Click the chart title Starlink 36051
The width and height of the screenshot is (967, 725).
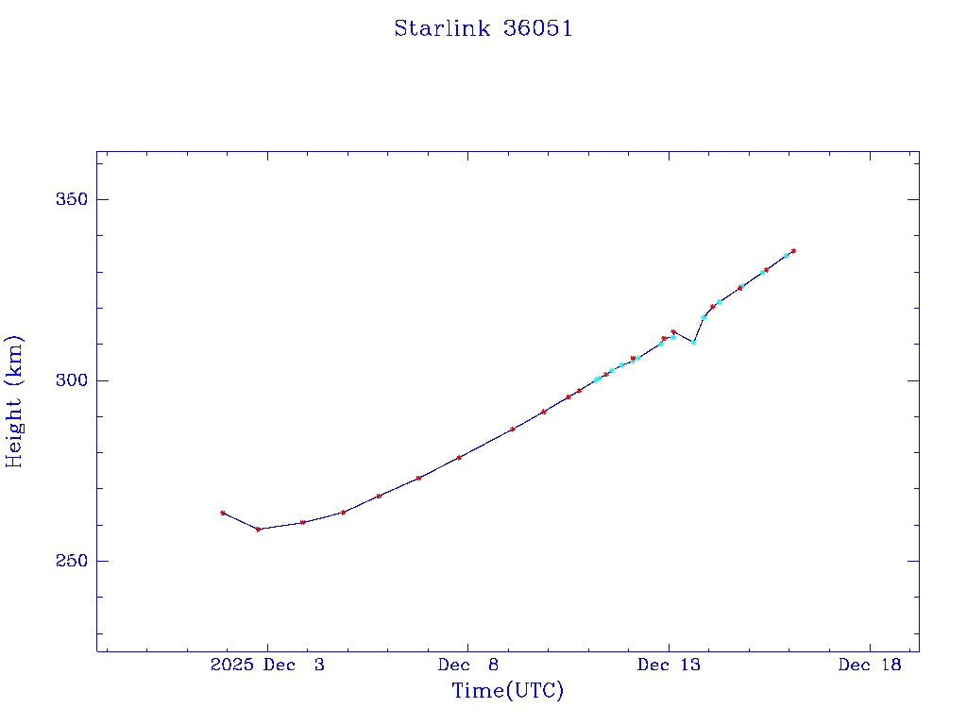(x=483, y=28)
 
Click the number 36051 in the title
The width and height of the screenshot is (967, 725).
(x=538, y=28)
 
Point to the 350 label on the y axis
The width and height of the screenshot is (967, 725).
(x=70, y=200)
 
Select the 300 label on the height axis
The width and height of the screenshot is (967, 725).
(x=70, y=380)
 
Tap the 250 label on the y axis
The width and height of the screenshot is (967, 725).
(x=70, y=561)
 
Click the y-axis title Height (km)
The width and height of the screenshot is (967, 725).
(x=14, y=401)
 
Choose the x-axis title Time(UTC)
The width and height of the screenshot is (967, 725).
(x=508, y=691)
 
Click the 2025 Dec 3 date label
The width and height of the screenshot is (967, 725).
(x=267, y=666)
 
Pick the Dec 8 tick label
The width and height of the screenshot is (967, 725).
(x=468, y=666)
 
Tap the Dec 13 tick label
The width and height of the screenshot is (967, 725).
(x=669, y=666)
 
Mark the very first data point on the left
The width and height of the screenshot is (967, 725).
(x=223, y=513)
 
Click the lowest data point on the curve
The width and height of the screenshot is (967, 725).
(x=258, y=529)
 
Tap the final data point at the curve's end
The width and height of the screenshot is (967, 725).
(x=793, y=251)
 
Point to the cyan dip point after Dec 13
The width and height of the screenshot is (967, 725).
(x=693, y=342)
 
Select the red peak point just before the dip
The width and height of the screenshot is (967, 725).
(x=673, y=331)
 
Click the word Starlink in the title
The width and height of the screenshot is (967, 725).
(x=443, y=28)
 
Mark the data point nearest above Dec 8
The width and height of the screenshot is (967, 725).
(x=459, y=457)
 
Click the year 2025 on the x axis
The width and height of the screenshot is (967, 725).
(x=232, y=666)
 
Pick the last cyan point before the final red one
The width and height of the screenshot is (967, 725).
(x=786, y=255)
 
